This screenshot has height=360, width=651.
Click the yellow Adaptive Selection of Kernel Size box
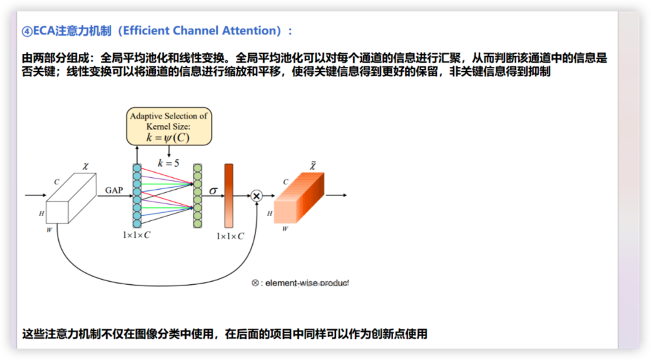point(169,126)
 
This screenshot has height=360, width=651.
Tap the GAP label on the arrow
point(114,190)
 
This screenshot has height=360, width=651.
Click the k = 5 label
point(168,163)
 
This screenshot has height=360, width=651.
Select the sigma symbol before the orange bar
point(213,190)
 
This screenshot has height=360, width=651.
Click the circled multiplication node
point(257,195)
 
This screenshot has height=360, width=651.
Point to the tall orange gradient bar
point(228,195)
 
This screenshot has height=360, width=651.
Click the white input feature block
point(71,198)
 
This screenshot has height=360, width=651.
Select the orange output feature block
point(299,198)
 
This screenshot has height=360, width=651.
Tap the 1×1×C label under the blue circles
point(136,235)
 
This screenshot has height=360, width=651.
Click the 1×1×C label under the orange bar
point(230,236)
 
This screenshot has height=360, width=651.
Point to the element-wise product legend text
point(300,283)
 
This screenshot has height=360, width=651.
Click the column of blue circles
point(137,195)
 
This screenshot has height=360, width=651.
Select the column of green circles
point(198,195)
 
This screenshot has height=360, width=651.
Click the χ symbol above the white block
point(86,166)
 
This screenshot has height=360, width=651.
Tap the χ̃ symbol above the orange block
point(312,165)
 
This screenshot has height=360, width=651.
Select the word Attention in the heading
point(252,31)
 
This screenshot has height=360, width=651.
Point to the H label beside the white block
point(41,213)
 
